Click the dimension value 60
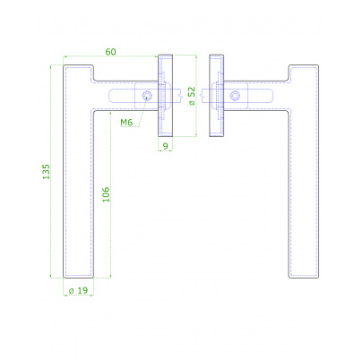(110, 52)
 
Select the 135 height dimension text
(46, 172)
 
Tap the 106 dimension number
(106, 194)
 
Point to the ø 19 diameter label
(78, 290)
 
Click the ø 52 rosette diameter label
(192, 96)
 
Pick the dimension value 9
(165, 146)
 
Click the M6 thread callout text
(126, 122)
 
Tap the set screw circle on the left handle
(147, 96)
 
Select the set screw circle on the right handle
(235, 96)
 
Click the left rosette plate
(165, 96)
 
